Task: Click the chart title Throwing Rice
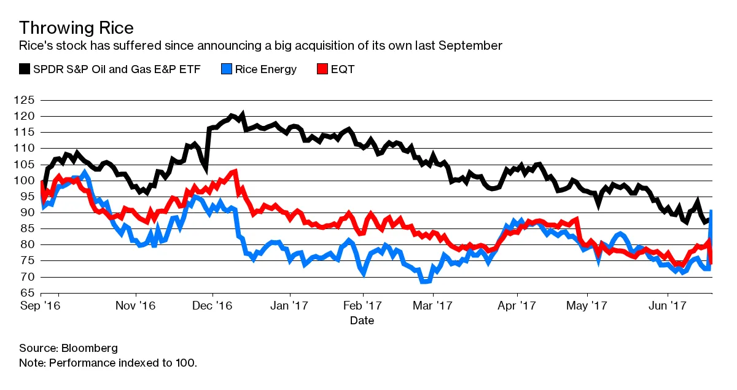click(76, 28)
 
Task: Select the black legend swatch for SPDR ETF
click(25, 69)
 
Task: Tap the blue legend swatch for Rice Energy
click(226, 69)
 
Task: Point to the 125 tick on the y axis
click(28, 100)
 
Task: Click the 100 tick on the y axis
click(28, 181)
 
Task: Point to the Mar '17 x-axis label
click(433, 305)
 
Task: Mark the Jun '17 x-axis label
click(668, 305)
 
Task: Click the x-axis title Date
click(362, 320)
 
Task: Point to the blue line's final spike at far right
click(711, 212)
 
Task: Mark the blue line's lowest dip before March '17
click(423, 281)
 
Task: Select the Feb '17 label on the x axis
click(363, 305)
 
